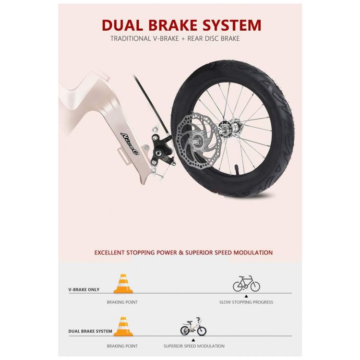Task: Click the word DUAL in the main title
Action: click(x=122, y=25)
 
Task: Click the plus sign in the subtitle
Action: click(x=183, y=39)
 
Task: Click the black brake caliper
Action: click(x=160, y=150)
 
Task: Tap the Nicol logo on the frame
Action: click(x=130, y=144)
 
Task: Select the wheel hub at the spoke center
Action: click(x=229, y=129)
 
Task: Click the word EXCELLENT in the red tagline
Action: click(x=109, y=252)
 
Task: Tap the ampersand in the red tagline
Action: click(x=181, y=252)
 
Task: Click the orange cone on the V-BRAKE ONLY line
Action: click(x=123, y=284)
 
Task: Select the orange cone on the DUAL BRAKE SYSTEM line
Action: click(x=123, y=326)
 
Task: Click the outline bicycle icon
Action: click(x=246, y=284)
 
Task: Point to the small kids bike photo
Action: click(x=193, y=326)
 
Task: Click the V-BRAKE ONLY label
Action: click(x=84, y=290)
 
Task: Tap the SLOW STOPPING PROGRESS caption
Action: click(x=246, y=302)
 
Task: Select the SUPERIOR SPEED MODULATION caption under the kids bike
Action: click(x=194, y=346)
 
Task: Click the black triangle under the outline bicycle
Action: click(x=246, y=297)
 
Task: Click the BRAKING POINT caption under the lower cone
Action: click(x=122, y=346)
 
